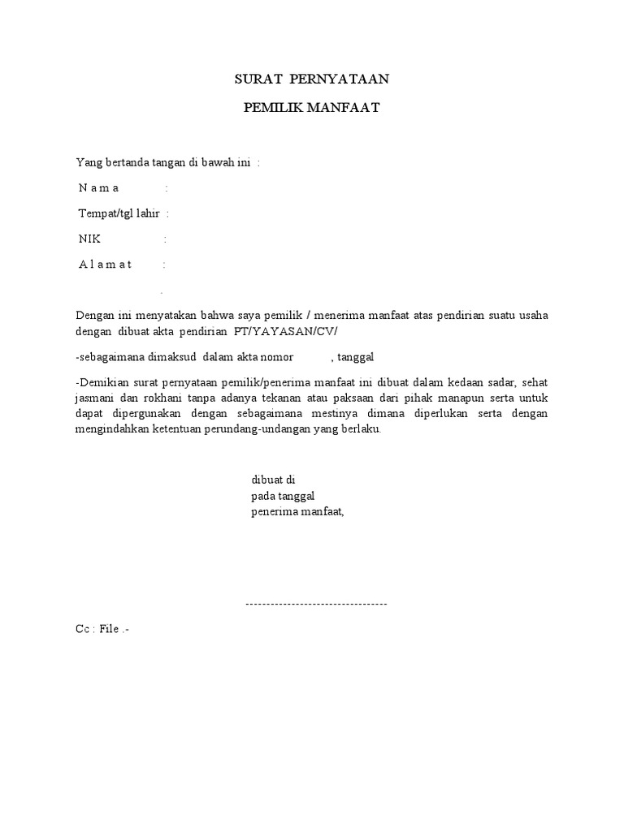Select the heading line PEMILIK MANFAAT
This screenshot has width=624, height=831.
[x=312, y=108]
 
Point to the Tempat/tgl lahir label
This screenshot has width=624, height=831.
[x=119, y=213]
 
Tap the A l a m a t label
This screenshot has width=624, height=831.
[x=105, y=265]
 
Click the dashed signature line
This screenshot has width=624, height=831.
[x=316, y=604]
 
